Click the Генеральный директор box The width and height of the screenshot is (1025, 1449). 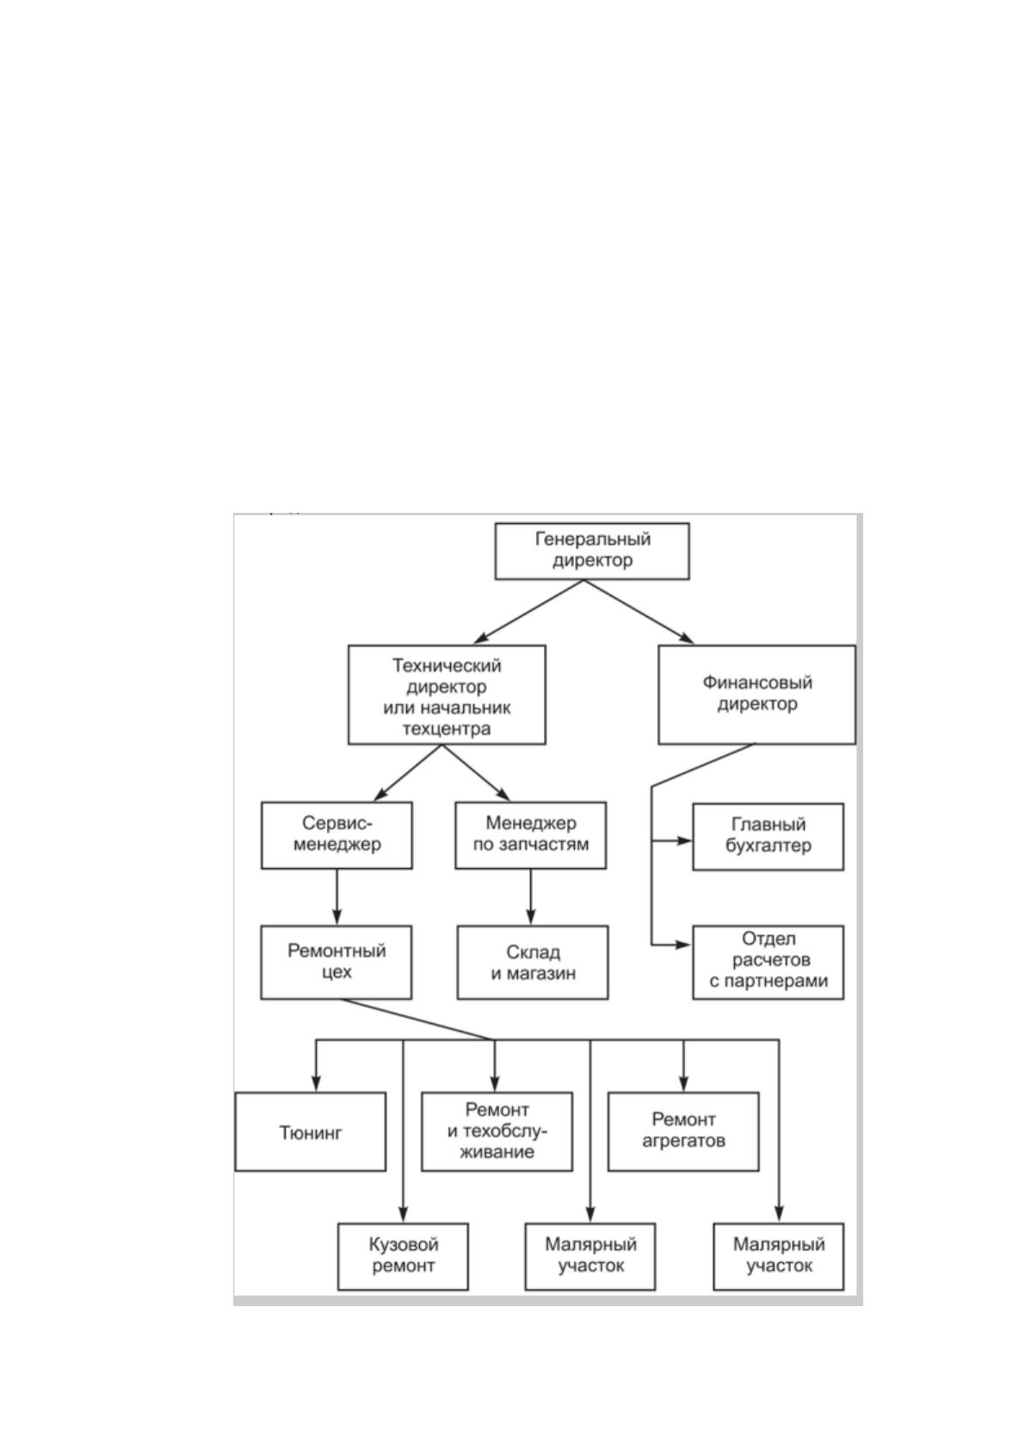tap(592, 552)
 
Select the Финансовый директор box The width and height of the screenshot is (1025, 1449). tap(757, 694)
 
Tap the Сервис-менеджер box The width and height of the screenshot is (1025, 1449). tap(337, 835)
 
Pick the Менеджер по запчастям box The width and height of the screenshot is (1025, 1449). tap(531, 835)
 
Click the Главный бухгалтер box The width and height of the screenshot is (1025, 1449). tap(768, 836)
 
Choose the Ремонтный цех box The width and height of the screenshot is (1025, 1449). tap(337, 962)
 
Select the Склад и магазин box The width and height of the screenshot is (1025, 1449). tap(533, 962)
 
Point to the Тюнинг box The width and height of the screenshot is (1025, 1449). tap(311, 1131)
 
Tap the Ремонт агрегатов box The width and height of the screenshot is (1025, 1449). tap(683, 1131)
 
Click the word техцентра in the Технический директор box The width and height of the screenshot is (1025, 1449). tap(447, 729)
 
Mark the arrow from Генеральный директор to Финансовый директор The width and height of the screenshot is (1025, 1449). tap(639, 611)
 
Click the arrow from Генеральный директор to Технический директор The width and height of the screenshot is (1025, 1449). tap(528, 611)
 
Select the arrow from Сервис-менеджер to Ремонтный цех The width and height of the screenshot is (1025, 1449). tap(337, 897)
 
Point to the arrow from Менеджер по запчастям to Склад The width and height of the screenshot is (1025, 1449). tap(531, 897)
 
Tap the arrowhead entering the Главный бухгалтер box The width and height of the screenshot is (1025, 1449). tap(685, 841)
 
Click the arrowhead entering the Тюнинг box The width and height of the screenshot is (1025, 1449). tap(316, 1084)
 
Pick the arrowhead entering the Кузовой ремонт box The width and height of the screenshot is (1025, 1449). tap(403, 1214)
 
